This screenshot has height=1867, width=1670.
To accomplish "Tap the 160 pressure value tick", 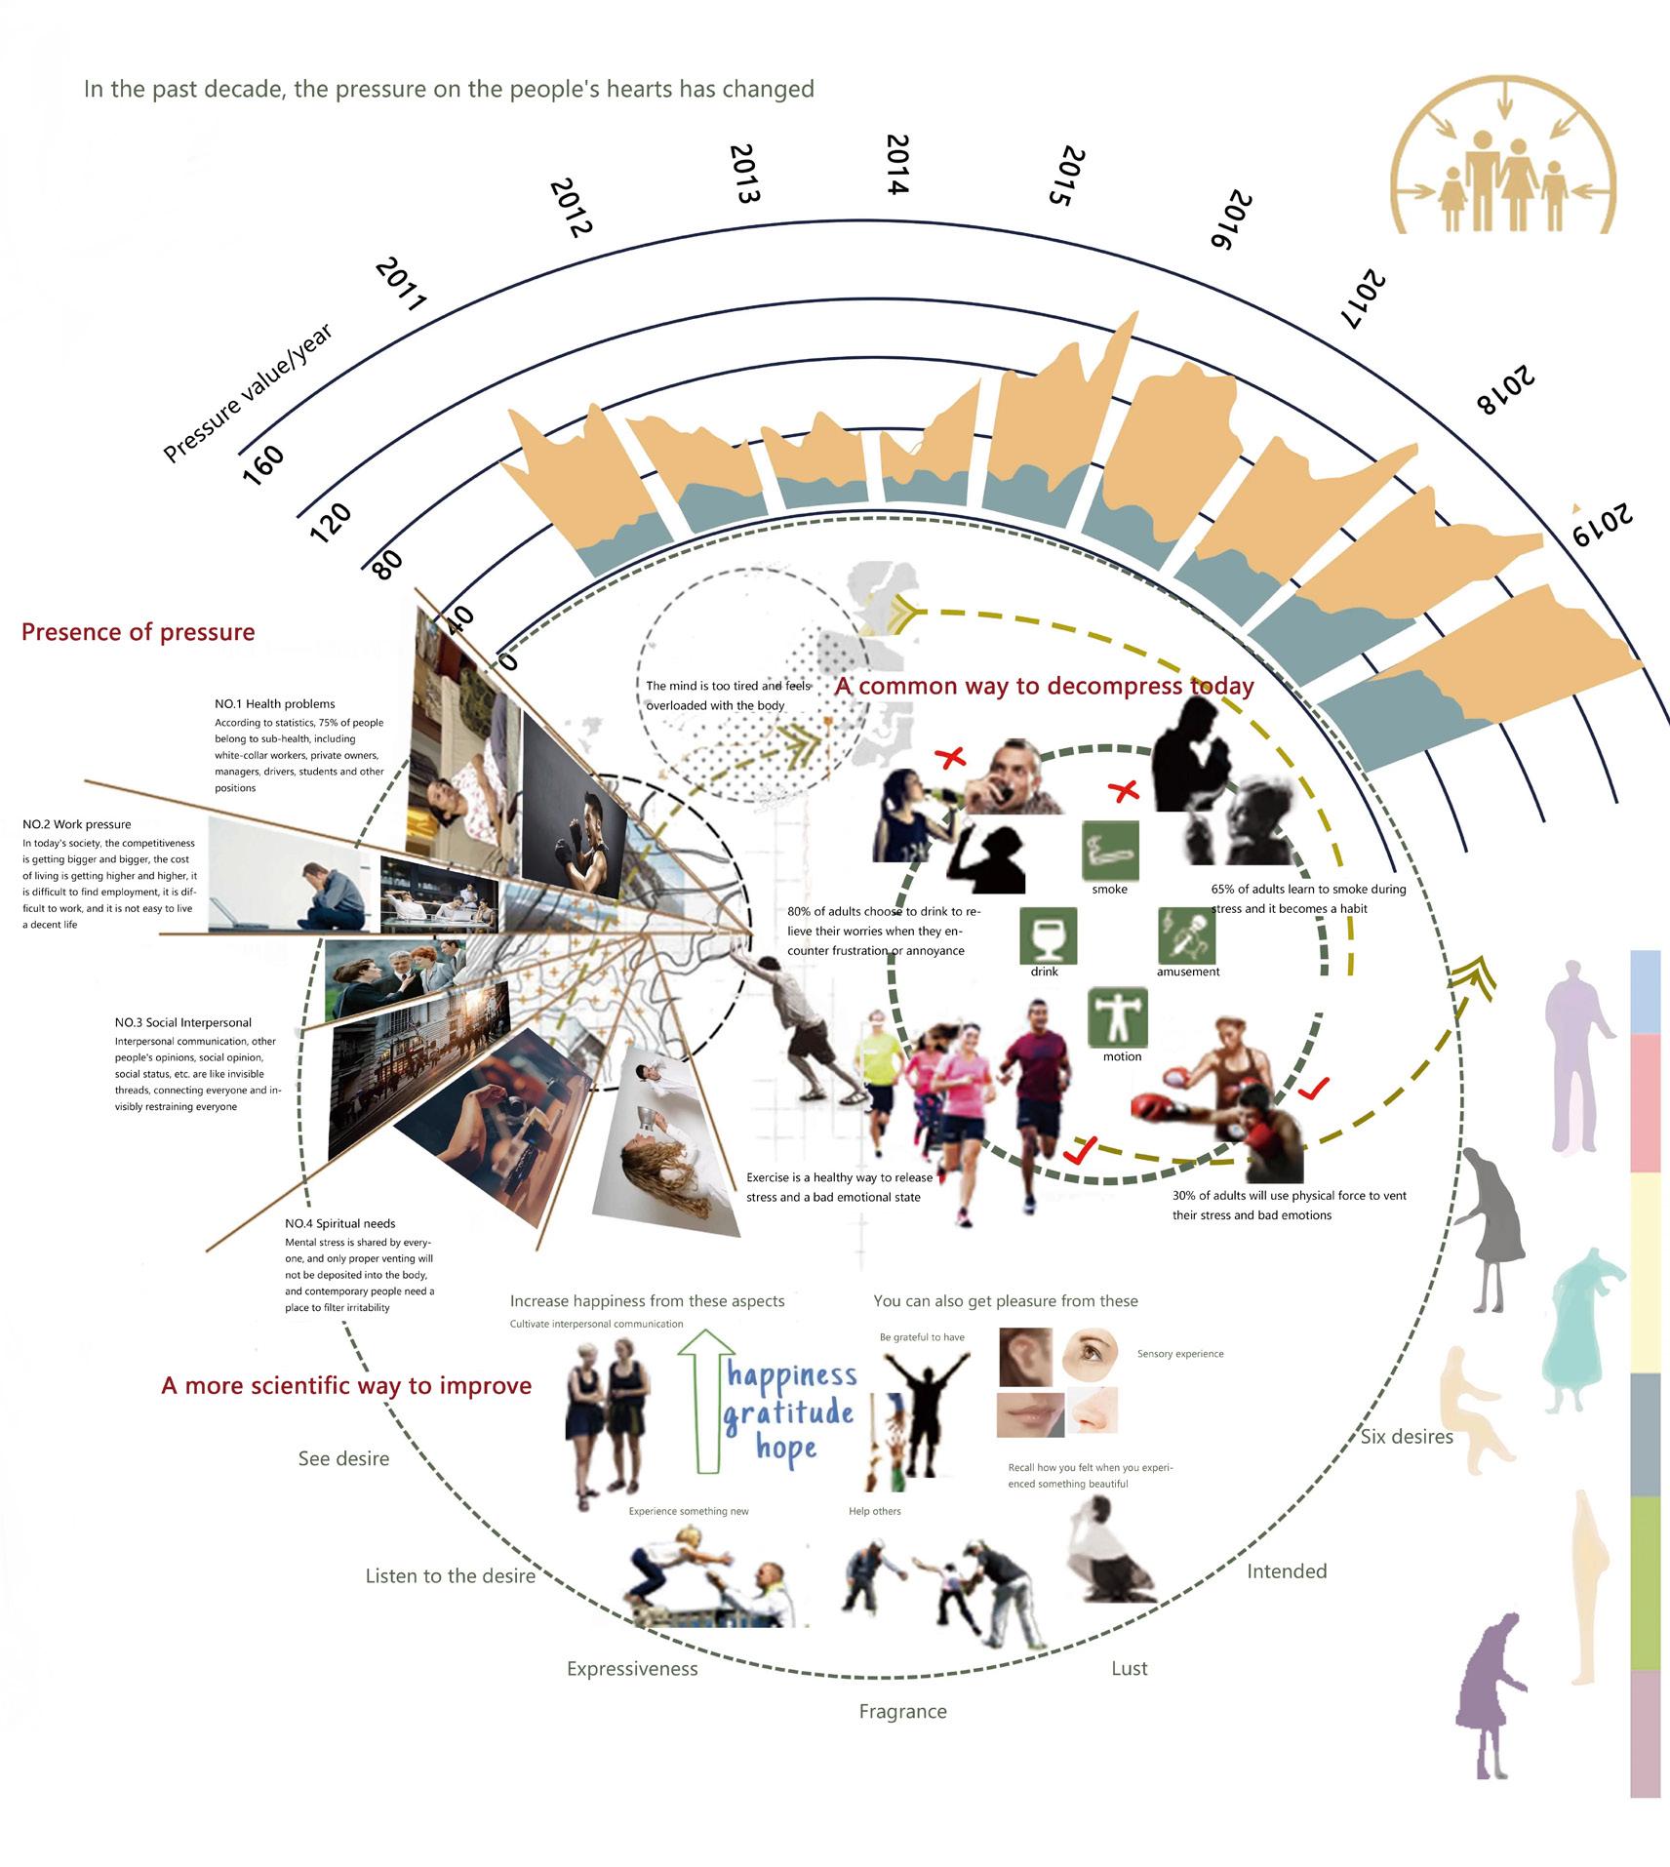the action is (x=262, y=465).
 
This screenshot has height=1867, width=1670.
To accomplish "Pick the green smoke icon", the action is (x=1110, y=850).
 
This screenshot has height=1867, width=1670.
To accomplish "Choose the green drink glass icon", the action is (x=1048, y=935).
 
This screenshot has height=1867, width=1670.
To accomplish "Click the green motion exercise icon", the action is (x=1118, y=1017).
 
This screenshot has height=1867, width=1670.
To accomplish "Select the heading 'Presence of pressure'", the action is (x=139, y=632).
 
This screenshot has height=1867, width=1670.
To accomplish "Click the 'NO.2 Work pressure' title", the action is (x=77, y=824).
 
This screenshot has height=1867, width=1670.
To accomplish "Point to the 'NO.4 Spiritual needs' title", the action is (x=339, y=1223).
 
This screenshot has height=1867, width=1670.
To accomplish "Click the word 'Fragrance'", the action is (x=902, y=1711).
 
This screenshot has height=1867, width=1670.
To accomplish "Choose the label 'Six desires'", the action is (x=1406, y=1437).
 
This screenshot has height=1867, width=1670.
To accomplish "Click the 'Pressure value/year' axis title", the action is (x=248, y=392).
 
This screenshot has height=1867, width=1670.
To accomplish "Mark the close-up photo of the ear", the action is (x=1025, y=1357).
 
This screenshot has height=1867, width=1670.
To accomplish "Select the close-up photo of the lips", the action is (x=1030, y=1414).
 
